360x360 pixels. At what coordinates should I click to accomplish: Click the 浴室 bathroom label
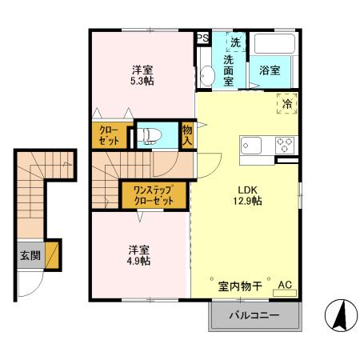click(270, 70)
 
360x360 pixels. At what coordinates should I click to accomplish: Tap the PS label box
click(202, 38)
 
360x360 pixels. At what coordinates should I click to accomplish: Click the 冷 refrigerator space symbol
click(286, 102)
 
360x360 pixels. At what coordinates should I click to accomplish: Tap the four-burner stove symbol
click(284, 146)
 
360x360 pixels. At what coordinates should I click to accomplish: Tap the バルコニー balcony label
click(254, 316)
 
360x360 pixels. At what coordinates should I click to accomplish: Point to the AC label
click(285, 284)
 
